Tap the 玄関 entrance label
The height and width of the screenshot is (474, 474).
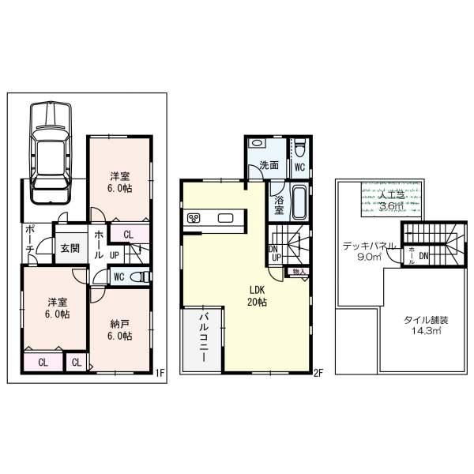coord(70,247)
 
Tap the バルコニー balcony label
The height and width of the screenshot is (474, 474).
coord(202,337)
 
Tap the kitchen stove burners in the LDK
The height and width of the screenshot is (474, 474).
coord(194,218)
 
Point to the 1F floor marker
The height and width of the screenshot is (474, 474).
coord(158,373)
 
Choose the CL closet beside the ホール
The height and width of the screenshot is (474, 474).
coord(127,234)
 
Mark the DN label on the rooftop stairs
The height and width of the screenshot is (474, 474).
coord(424,255)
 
